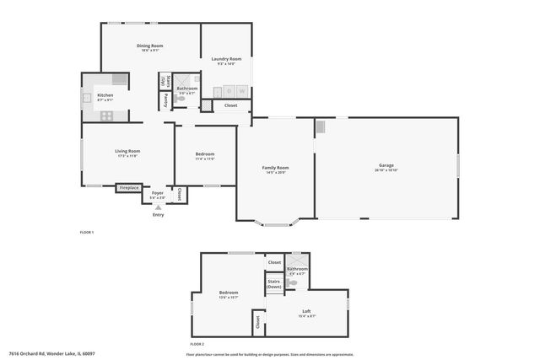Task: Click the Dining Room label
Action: [150, 46]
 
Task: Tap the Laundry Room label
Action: [226, 58]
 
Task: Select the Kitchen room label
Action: [105, 96]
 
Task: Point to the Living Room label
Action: [127, 152]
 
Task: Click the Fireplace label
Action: [128, 187]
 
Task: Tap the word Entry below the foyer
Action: [158, 215]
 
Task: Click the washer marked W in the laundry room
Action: [242, 91]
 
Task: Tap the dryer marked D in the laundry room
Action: [229, 91]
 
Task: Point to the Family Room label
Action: [277, 168]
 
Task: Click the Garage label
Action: [386, 165]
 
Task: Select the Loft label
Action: [306, 312]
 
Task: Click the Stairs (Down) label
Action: [274, 284]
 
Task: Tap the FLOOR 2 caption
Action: [197, 344]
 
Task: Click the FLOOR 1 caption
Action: [86, 231]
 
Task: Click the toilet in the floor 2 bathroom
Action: [293, 283]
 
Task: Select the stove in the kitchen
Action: [120, 79]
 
